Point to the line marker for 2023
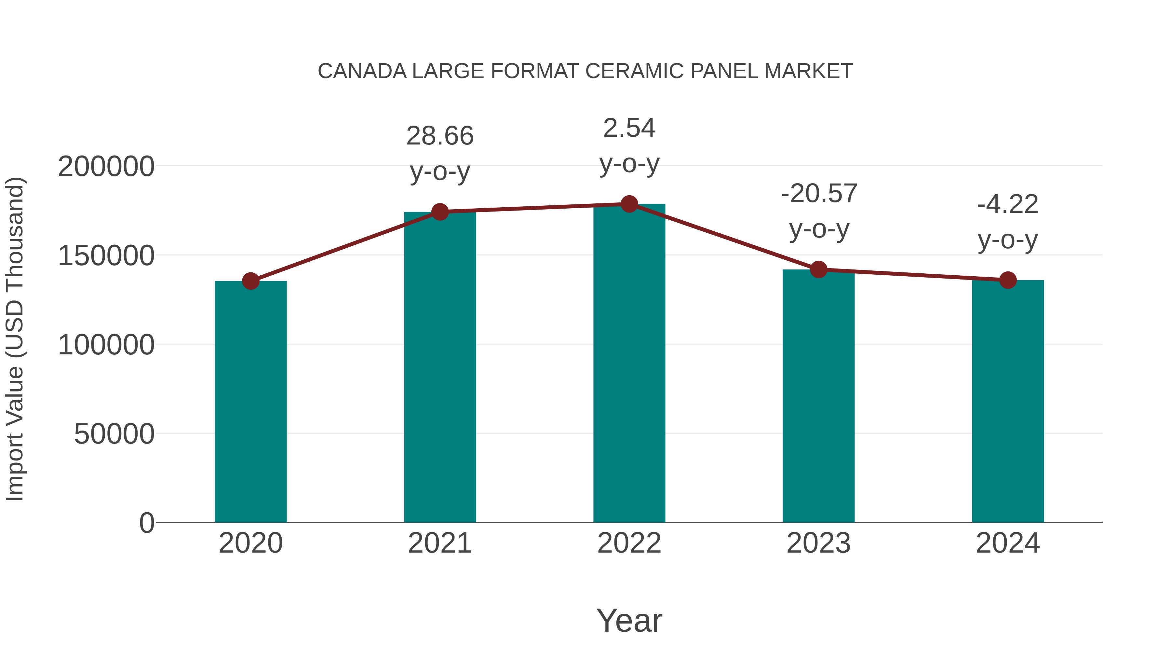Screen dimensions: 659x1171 click(818, 270)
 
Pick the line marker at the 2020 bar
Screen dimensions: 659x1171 click(250, 281)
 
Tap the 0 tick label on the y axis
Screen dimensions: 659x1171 click(146, 523)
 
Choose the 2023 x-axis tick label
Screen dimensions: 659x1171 click(818, 543)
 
